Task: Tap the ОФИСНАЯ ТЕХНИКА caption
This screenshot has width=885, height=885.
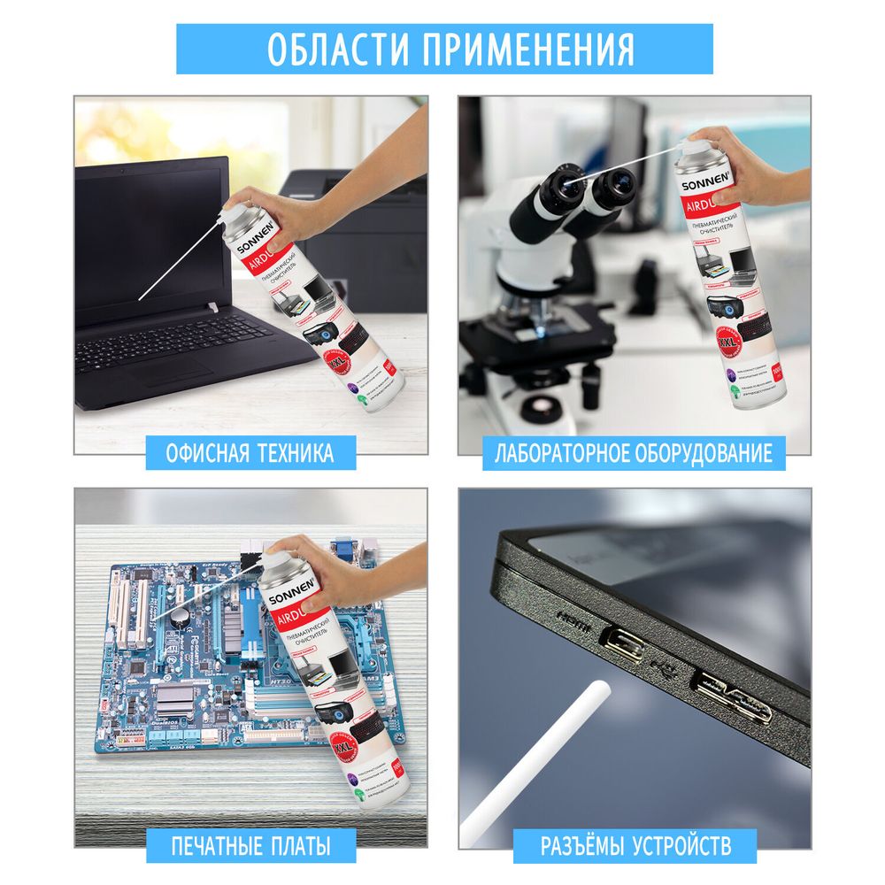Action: (250, 454)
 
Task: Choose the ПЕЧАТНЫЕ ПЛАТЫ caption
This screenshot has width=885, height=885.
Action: (250, 846)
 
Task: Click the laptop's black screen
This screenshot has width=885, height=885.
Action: (150, 239)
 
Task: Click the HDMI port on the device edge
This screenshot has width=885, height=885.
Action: (619, 637)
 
